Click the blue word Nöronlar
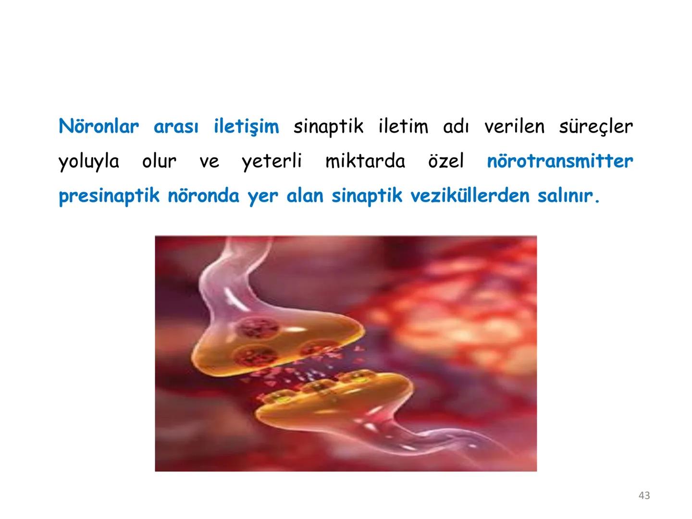99,126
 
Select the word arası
176,126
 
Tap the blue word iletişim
246,127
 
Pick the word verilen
515,126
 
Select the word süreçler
596,126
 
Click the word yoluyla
89,162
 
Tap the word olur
159,161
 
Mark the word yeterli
272,161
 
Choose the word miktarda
365,161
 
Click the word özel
446,161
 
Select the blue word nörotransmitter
560,161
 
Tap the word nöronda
203,196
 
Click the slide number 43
644,495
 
